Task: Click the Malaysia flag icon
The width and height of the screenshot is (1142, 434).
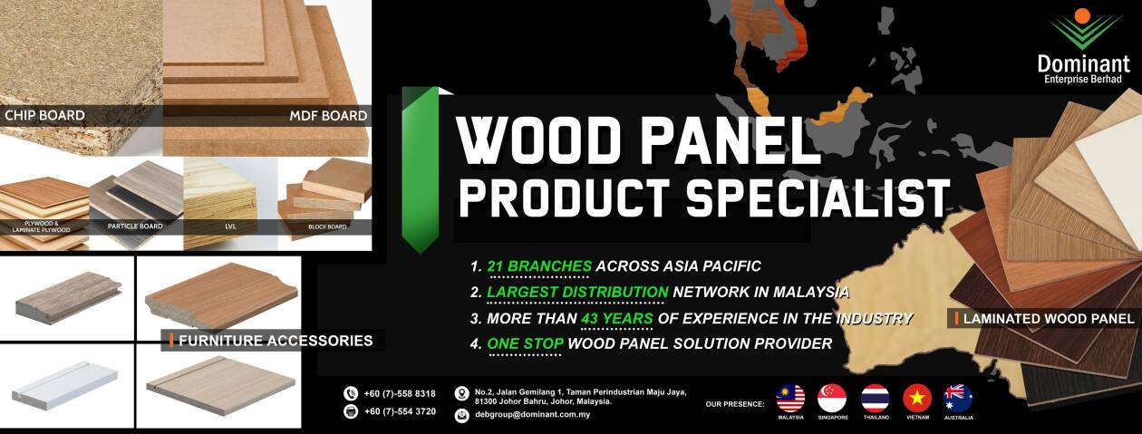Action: (790, 398)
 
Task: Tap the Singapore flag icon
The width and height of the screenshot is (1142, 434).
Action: (832, 398)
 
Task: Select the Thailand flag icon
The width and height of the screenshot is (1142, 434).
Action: (875, 398)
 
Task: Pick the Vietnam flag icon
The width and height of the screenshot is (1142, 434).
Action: (917, 398)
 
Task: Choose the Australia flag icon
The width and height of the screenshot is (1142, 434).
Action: (958, 398)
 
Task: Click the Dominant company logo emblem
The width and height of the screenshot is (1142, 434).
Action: (1082, 29)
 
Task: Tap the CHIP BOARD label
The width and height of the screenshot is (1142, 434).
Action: (44, 115)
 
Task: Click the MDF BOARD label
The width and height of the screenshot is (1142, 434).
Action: (328, 115)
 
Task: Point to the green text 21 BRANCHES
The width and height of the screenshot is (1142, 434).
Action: (539, 266)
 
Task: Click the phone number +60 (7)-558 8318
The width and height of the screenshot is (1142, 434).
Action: (400, 393)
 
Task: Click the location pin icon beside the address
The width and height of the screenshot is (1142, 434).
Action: (461, 394)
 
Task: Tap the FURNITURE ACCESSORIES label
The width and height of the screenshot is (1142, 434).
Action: (276, 341)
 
